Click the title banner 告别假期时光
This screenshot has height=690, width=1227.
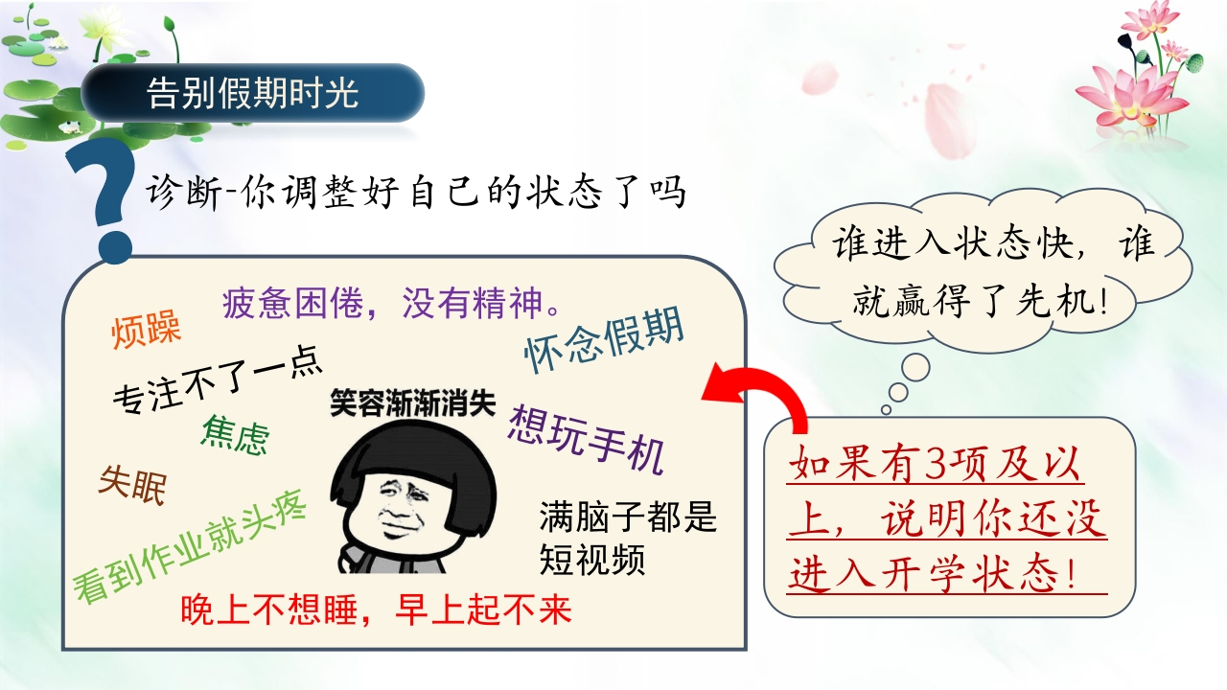[252, 93]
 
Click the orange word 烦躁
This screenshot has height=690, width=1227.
[146, 329]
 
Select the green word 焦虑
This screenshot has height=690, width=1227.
[236, 435]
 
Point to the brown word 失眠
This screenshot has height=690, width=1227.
[132, 485]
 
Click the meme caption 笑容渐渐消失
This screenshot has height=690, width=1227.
[412, 403]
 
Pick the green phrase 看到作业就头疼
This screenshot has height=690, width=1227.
[190, 546]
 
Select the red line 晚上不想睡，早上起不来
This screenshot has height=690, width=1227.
[377, 609]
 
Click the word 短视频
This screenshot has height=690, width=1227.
[592, 560]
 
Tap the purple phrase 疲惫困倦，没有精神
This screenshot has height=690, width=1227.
[392, 303]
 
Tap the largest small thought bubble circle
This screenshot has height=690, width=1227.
[915, 367]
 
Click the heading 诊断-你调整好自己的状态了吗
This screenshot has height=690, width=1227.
[416, 193]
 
